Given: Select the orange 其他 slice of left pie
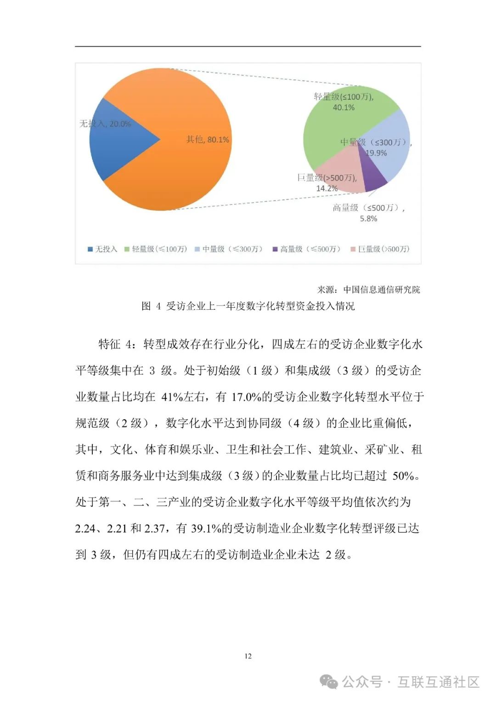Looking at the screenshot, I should pyautogui.click(x=184, y=175).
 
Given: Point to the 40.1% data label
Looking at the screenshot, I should pyautogui.click(x=344, y=108).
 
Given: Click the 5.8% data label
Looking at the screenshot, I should pyautogui.click(x=368, y=219).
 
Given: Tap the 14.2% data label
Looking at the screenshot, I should pyautogui.click(x=327, y=188).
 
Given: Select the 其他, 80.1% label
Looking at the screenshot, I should pyautogui.click(x=208, y=139).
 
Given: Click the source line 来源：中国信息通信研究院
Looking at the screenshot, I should pyautogui.click(x=368, y=289).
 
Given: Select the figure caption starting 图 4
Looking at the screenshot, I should pyautogui.click(x=248, y=306).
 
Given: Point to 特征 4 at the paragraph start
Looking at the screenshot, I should pyautogui.click(x=117, y=344).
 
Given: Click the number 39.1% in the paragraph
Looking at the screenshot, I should pyautogui.click(x=206, y=528).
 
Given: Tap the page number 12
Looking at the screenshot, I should pyautogui.click(x=248, y=656).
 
